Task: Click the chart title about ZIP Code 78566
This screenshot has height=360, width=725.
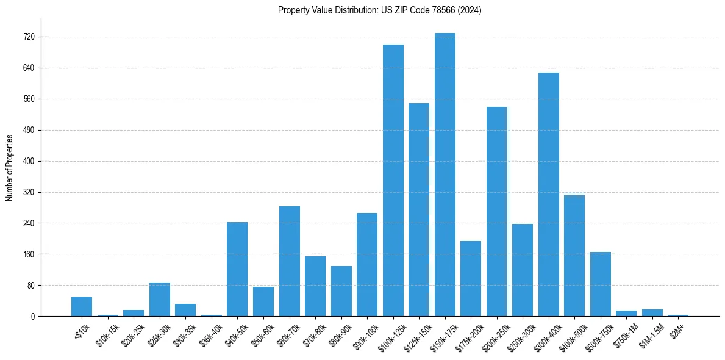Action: click(379, 10)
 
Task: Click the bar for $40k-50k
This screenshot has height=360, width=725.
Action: click(237, 269)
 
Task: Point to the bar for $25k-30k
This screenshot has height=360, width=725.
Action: click(160, 299)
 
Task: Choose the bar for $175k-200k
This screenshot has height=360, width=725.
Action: click(470, 278)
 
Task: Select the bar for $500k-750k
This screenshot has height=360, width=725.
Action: click(600, 284)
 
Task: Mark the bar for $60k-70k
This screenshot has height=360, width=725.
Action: click(289, 261)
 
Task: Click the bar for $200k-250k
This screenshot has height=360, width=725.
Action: click(496, 211)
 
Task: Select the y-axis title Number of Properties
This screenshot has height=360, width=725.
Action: click(10, 167)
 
